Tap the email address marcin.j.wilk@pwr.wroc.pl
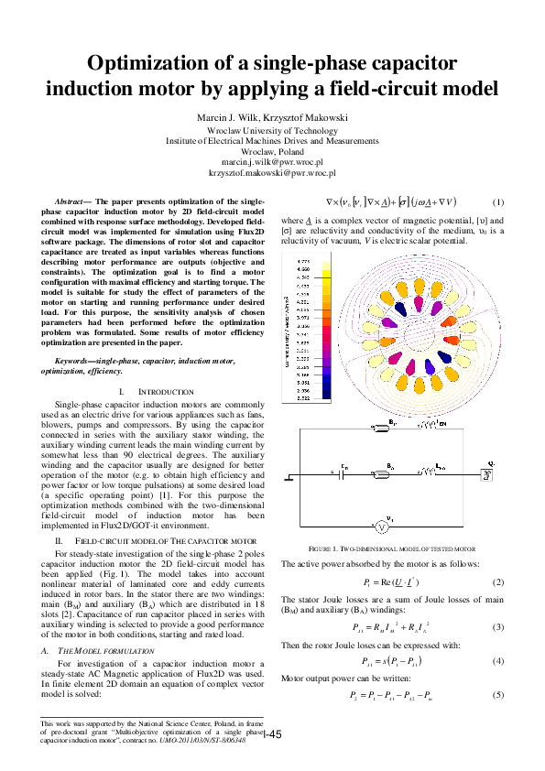272,160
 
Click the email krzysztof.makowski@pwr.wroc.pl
272,171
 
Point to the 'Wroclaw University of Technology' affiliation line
272,131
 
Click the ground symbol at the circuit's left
290,477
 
